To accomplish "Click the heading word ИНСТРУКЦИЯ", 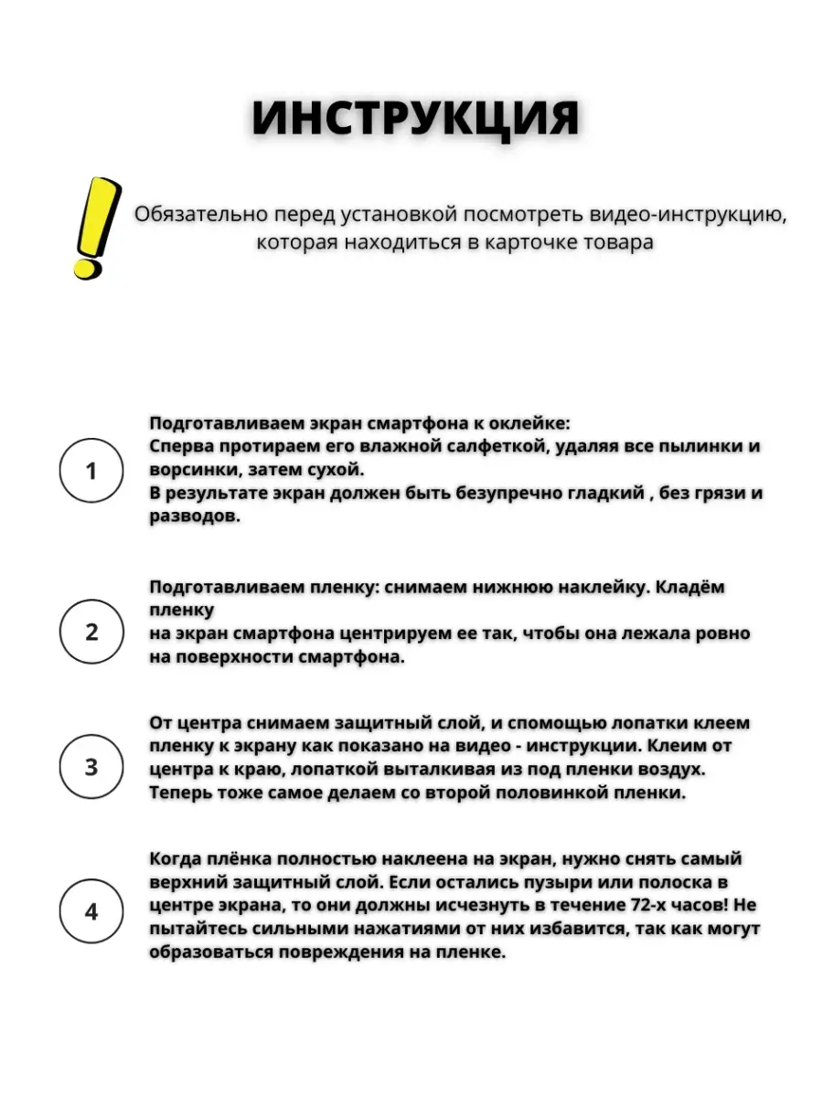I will tap(415, 120).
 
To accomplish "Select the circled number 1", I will tap(91, 471).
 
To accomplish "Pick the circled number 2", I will tap(91, 632).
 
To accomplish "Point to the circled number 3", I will tap(91, 767).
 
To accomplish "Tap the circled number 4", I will tap(91, 912).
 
